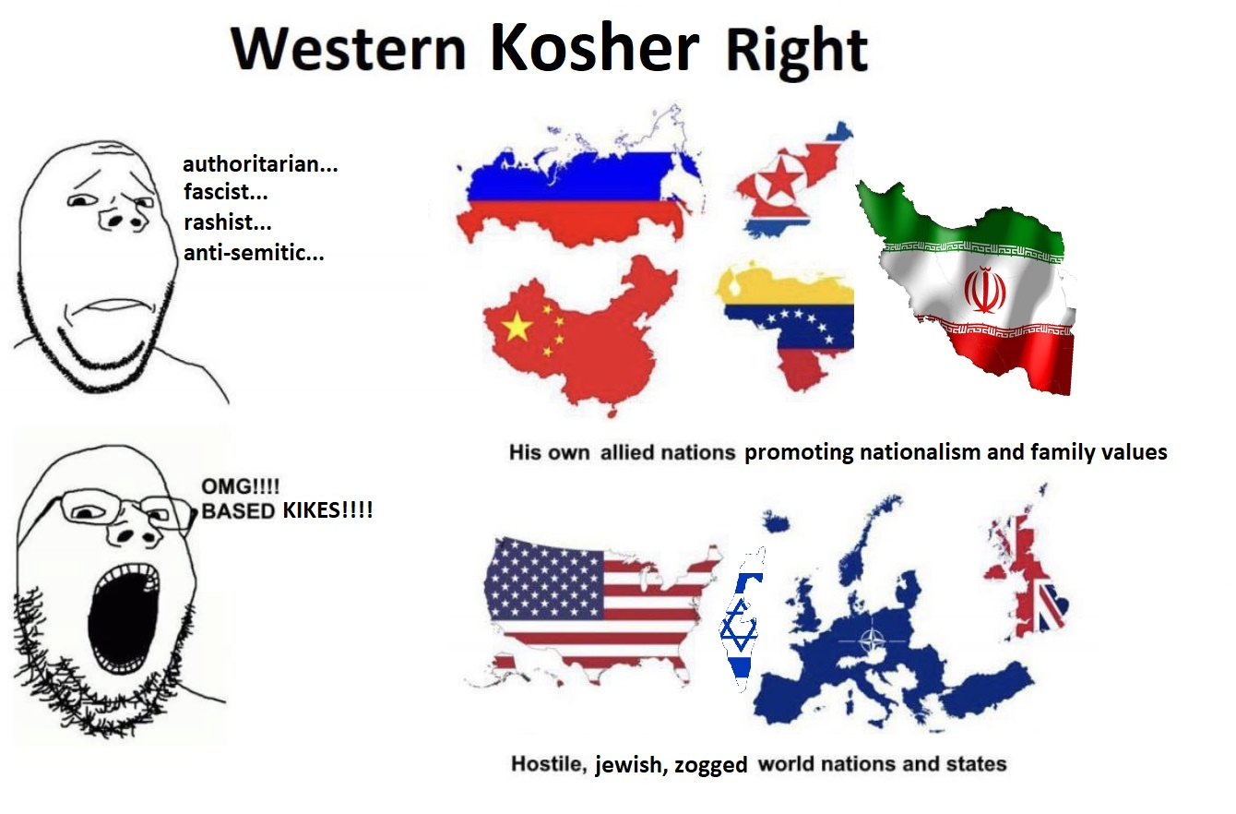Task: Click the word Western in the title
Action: pos(349,49)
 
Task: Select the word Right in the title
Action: pos(796,51)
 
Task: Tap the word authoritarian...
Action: pos(260,164)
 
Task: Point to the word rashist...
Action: pos(227,222)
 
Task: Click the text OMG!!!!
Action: pos(241,486)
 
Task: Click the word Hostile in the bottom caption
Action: pos(548,764)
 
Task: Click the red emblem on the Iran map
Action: pos(984,290)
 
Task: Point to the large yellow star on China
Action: pos(517,327)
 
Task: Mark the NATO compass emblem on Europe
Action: pos(872,640)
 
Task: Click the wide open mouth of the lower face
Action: pos(123,616)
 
